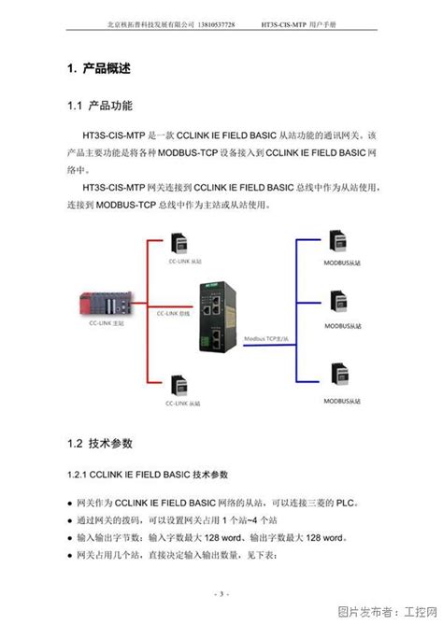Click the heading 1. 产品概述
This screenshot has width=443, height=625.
(98, 69)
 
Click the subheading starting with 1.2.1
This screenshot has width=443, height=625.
(154, 475)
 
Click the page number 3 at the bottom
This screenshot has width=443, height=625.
(221, 593)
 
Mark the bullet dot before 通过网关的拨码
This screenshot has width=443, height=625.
(72, 518)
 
